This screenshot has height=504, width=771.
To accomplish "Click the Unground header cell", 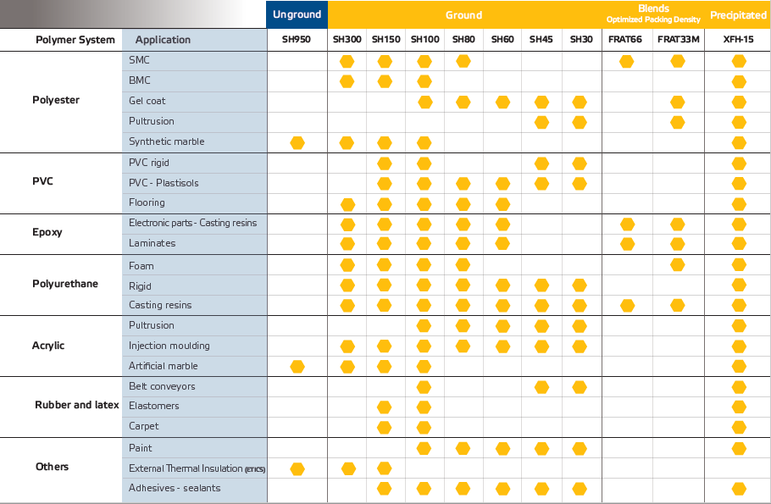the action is coord(297,14).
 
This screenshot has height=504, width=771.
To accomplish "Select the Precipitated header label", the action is coord(738,15).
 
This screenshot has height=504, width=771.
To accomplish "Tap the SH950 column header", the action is coord(296,39).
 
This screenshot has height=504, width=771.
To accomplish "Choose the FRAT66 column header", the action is coord(625,39).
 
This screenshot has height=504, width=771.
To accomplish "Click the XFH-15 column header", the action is coord(738,39).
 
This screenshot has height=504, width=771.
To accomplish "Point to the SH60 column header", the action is coord(502,39).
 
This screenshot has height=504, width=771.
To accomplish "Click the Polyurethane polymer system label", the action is coord(65,284).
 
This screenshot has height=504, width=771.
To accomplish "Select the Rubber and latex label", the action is coord(77,405).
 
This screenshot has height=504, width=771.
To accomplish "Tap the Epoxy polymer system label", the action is coord(47,232).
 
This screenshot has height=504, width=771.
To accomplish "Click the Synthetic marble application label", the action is coord(166,141).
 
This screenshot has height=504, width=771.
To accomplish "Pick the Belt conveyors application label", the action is coord(162,386).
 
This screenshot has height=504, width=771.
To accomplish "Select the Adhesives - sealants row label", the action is coord(175,488).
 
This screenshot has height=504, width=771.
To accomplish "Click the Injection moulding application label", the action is coord(169,346).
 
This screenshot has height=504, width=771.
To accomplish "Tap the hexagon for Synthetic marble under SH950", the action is coord(297,143).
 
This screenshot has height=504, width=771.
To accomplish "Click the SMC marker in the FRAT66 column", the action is coord(626,62).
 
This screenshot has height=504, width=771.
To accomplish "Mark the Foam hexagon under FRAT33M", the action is coord(677,265).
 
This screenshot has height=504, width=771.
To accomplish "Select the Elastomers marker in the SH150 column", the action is coord(384,407).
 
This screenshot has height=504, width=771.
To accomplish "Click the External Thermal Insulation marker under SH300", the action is coord(348,468).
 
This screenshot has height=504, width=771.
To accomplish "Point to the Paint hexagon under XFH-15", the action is coord(739,448).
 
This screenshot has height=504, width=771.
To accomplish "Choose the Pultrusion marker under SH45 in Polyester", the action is coord(541,123).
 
